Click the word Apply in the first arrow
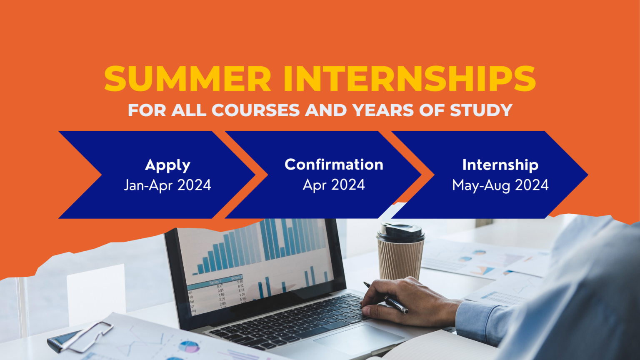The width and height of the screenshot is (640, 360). pos(167,165)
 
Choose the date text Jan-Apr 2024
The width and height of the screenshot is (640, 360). pos(167,185)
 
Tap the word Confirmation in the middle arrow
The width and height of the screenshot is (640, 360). pos(334,165)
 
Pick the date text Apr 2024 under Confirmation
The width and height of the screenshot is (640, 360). pos(334,185)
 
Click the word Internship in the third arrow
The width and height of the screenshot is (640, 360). pos(500,165)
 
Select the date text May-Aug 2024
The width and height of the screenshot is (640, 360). pos(500,185)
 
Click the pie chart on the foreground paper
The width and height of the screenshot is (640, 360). pos(189,346)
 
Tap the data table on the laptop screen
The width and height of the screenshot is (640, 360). pos(217,294)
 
